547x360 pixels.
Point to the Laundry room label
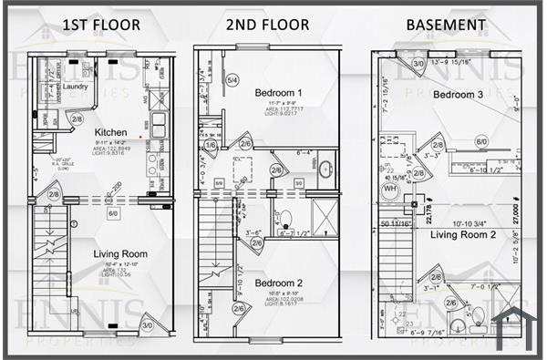[x=75, y=87]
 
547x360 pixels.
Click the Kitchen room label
[x=110, y=132]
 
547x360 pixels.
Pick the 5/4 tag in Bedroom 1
[x=232, y=81]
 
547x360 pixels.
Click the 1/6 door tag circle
[x=211, y=145]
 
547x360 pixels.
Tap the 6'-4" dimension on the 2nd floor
[x=304, y=152]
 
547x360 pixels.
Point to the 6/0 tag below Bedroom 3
[x=481, y=142]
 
